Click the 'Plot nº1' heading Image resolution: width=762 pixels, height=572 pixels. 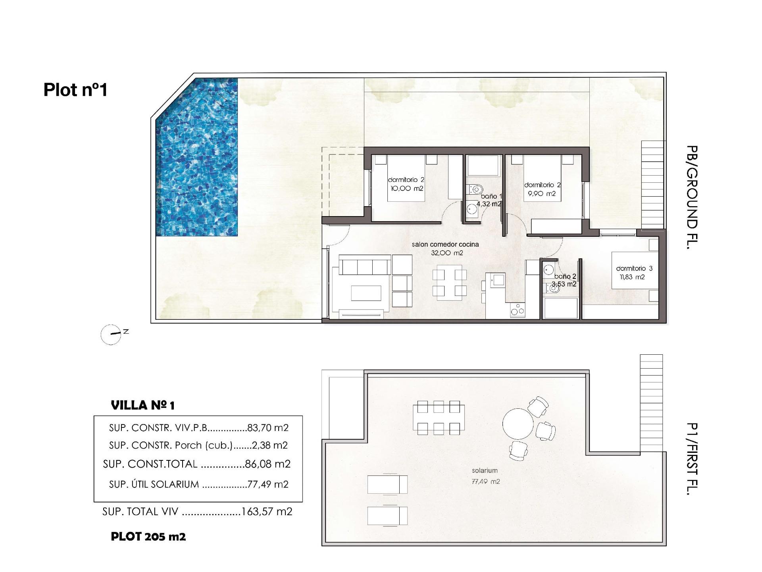point(75,90)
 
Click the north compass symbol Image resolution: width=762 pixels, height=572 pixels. point(111,334)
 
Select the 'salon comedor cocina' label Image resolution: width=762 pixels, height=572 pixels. point(445,244)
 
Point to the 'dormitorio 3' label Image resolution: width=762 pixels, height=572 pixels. point(634,269)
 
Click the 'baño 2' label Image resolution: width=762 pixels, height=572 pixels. point(565,276)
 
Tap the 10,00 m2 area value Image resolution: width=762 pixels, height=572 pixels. point(407,188)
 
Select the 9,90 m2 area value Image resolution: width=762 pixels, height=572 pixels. point(542,194)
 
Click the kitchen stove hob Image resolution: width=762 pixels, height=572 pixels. point(517,310)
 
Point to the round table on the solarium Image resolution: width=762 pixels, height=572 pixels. point(518,424)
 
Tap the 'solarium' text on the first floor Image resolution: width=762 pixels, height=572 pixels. point(485,471)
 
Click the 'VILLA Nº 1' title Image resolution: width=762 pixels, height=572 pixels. point(143,406)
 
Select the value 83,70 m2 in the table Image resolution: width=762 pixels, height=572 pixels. point(268,428)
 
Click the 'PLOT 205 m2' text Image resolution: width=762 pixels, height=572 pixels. point(148,537)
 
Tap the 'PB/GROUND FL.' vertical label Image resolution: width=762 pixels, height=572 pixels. point(692,197)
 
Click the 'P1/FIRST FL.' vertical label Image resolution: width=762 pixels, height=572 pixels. point(692,459)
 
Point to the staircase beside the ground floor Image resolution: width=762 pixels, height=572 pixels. point(652,185)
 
